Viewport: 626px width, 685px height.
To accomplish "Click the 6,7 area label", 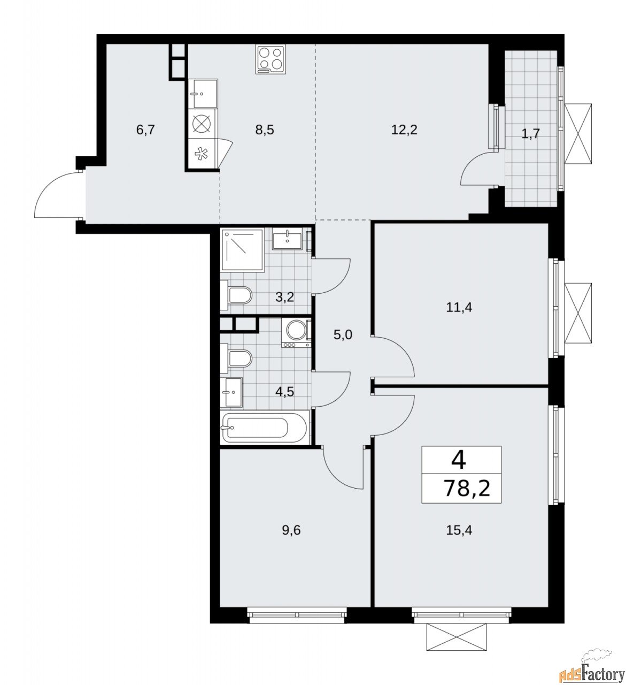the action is click(x=145, y=130).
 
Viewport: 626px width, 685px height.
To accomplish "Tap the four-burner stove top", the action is click(x=271, y=60).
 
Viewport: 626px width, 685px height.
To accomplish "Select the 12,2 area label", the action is click(x=404, y=130).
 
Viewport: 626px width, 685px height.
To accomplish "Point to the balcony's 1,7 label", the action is click(x=530, y=133).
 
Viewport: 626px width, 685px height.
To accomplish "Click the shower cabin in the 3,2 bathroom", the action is click(x=243, y=250).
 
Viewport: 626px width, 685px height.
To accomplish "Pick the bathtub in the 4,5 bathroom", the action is click(x=265, y=427).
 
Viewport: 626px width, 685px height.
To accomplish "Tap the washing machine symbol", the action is click(x=296, y=333).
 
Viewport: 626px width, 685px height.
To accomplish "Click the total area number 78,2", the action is click(x=467, y=488).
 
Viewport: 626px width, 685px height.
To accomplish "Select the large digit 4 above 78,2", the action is click(x=458, y=460).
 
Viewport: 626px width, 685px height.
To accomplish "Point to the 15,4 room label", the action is click(x=459, y=530).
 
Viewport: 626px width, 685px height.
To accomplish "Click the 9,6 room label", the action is click(x=291, y=530).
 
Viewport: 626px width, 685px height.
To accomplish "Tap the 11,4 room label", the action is click(x=459, y=307).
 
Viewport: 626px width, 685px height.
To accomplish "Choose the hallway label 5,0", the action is click(x=343, y=335).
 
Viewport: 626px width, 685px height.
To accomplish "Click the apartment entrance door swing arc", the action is click(x=44, y=188).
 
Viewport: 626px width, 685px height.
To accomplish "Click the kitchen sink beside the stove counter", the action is click(x=203, y=94).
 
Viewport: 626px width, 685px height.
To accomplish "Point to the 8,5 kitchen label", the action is click(x=265, y=130).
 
